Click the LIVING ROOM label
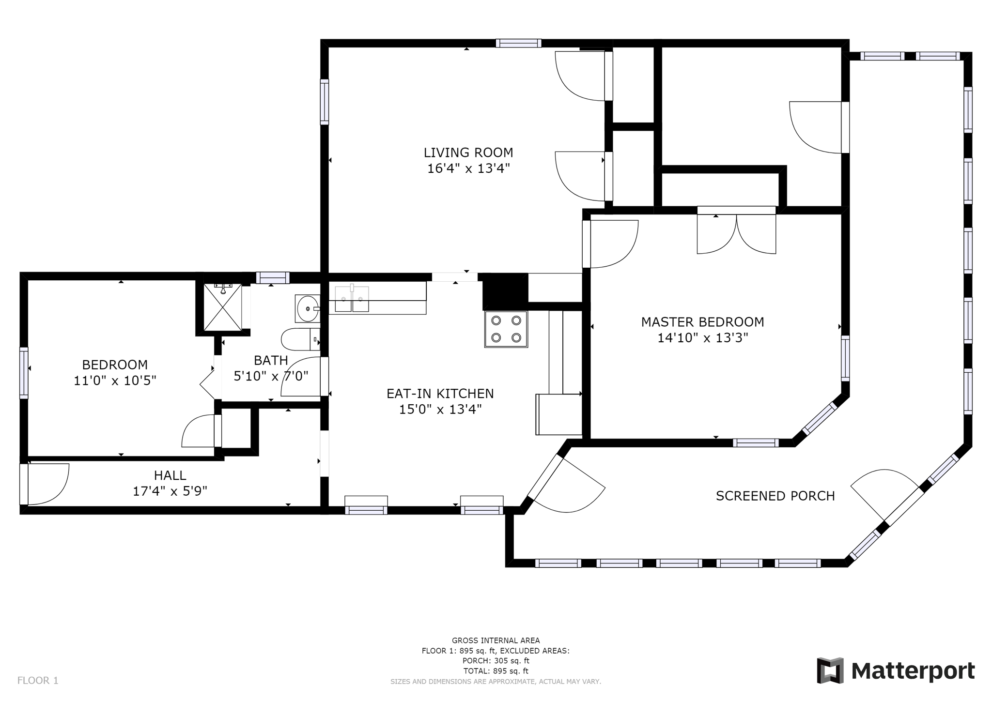[x=468, y=152]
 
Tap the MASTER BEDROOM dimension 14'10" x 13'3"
[x=702, y=338]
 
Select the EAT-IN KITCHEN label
[x=440, y=394]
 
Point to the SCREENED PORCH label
[x=775, y=496]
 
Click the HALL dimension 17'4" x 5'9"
[x=170, y=491]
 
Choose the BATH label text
[x=271, y=361]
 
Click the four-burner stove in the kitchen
[x=506, y=329]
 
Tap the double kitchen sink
[x=352, y=298]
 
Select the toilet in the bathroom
[x=300, y=339]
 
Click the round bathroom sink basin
[x=307, y=308]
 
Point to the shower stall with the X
[x=222, y=307]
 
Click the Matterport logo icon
[x=830, y=671]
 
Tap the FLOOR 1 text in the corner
[x=38, y=681]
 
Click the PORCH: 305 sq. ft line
[x=496, y=661]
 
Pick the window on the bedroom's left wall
[x=24, y=373]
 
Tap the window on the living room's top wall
[x=518, y=43]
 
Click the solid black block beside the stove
[x=505, y=291]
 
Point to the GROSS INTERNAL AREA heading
[x=496, y=640]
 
